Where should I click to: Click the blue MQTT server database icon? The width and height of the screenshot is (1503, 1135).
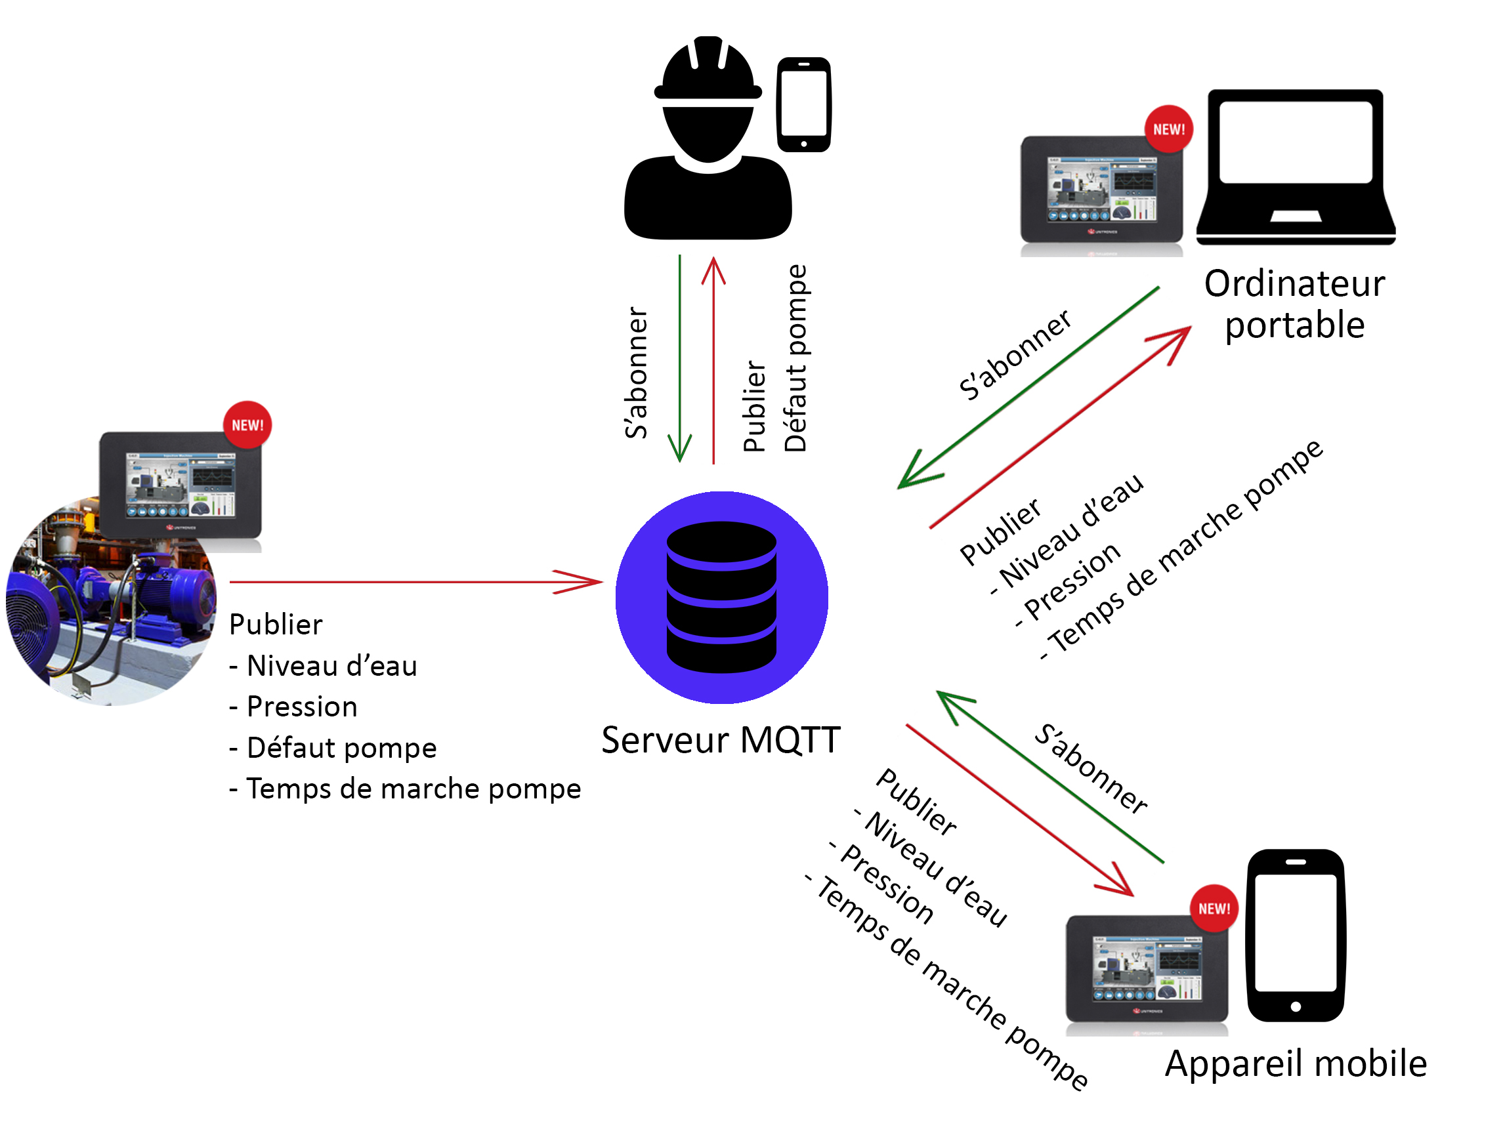click(721, 597)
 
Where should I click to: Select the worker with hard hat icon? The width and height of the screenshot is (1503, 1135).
click(708, 139)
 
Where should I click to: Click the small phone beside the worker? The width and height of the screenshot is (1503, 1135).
click(804, 104)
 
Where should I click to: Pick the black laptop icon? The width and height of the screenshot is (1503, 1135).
click(1296, 167)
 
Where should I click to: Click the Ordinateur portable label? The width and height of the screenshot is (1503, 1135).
click(1294, 304)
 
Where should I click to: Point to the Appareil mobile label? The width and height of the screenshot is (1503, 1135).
click(1296, 1063)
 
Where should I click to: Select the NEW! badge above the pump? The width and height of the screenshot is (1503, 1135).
click(247, 425)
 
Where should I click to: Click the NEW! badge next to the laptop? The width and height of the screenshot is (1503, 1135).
click(1169, 129)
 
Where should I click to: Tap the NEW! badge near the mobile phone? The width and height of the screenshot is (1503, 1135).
click(1214, 908)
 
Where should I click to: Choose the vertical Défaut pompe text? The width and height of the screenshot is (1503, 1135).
click(795, 358)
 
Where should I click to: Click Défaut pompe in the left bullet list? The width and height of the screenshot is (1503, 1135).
click(342, 748)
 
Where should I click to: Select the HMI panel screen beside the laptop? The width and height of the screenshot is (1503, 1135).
click(1101, 189)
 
